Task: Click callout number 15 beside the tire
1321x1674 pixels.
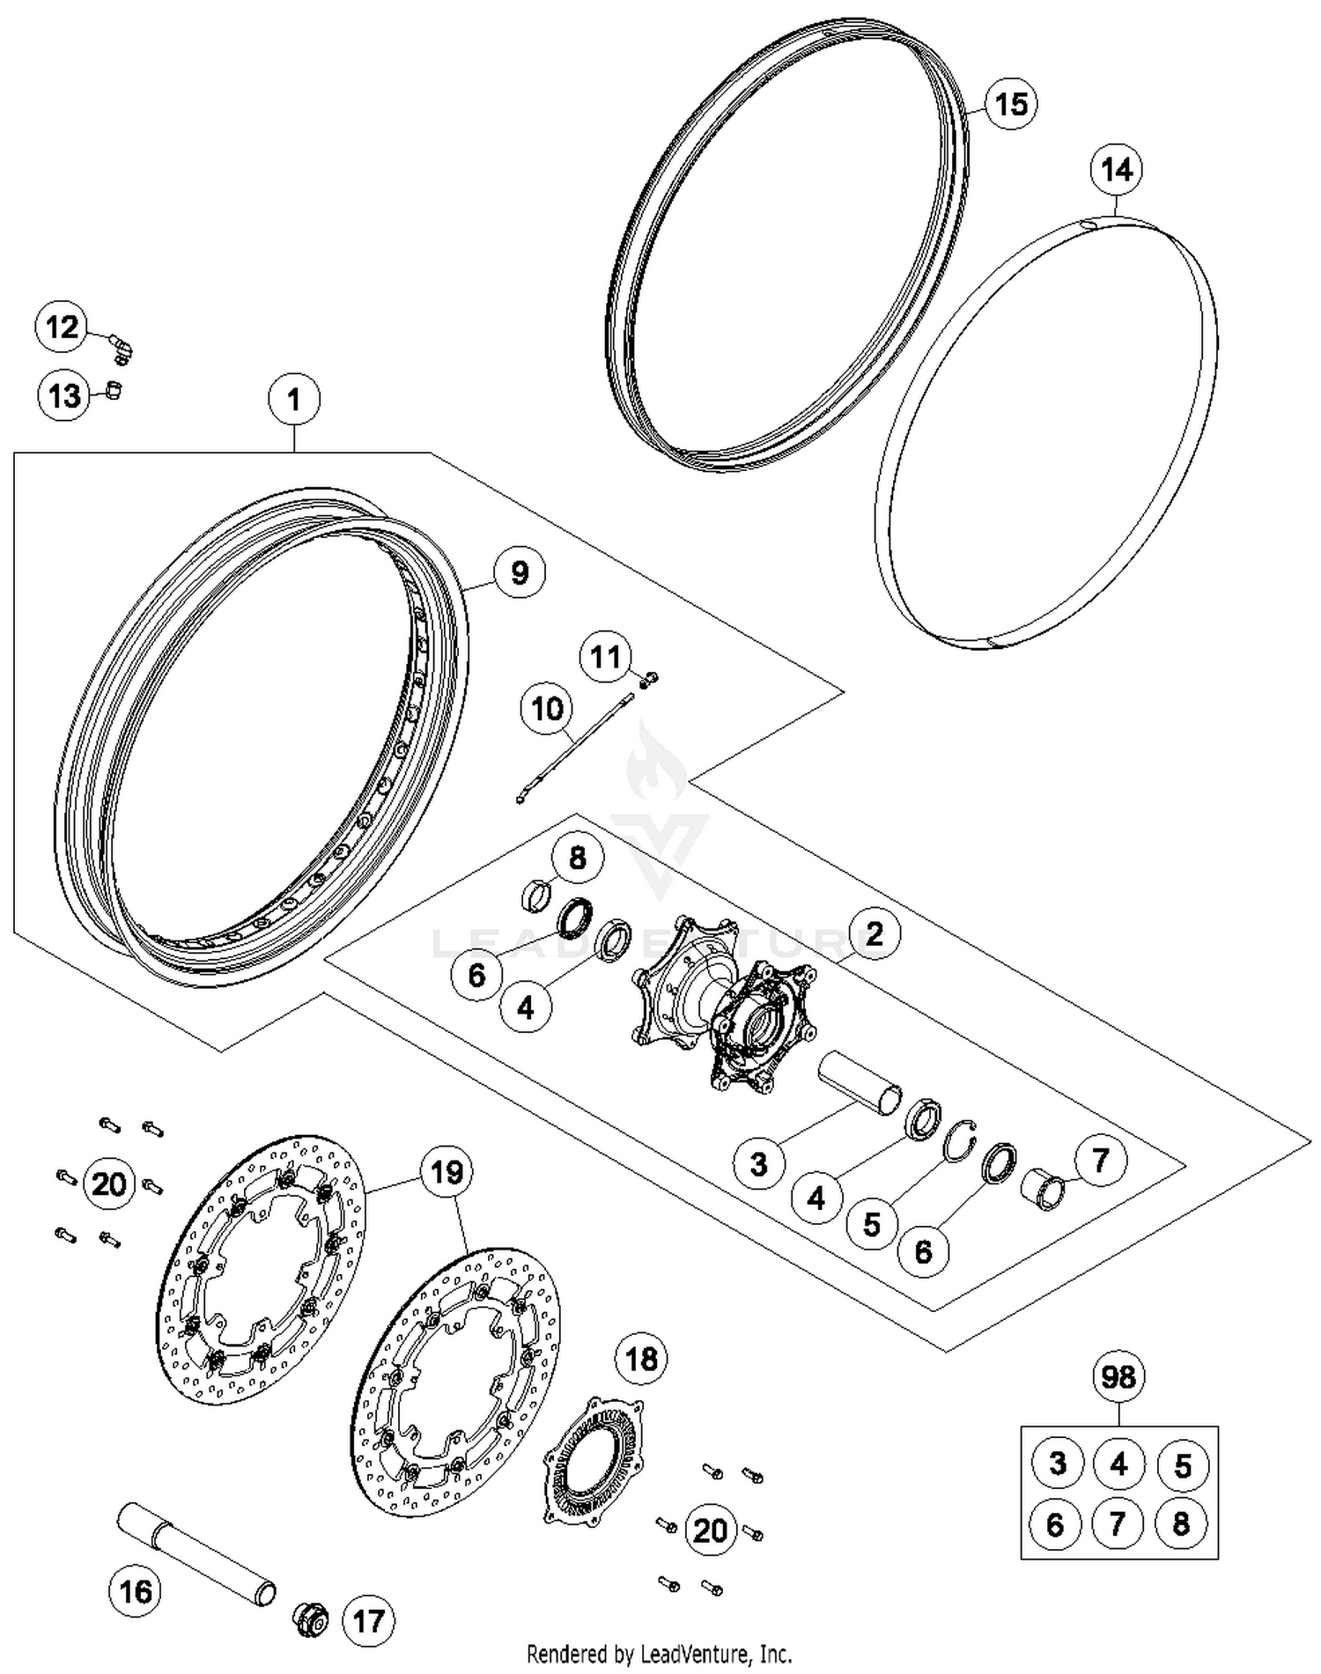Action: pos(1010,104)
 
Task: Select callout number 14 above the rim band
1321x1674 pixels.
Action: pos(1117,169)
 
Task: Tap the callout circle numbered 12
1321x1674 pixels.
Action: pos(62,328)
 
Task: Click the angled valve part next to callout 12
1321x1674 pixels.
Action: pos(121,346)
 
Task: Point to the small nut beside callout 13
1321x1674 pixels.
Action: pos(112,389)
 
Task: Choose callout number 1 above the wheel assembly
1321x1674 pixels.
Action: pos(294,400)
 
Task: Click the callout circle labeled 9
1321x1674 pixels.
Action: pos(520,572)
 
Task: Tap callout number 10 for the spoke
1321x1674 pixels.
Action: pos(547,708)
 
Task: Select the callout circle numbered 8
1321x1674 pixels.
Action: pos(577,858)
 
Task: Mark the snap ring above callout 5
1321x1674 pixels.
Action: pos(960,1142)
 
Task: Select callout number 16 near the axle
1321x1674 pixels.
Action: pos(136,1592)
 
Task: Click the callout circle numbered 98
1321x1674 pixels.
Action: pos(1118,1375)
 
